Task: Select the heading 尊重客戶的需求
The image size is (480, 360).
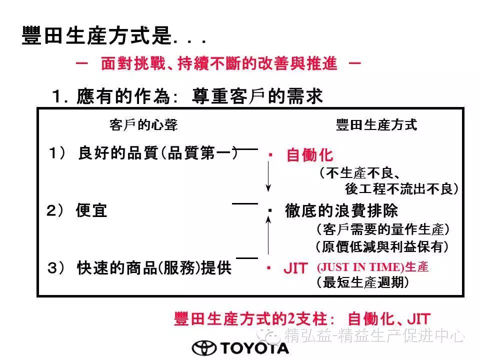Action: click(x=257, y=96)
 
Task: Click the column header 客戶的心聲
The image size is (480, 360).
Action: click(x=143, y=125)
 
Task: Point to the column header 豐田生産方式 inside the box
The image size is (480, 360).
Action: click(x=376, y=125)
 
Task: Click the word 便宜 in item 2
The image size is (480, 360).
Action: click(x=91, y=210)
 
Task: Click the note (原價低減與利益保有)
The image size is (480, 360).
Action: click(x=382, y=246)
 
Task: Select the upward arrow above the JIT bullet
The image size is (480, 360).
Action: click(x=268, y=235)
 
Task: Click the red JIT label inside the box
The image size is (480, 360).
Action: click(x=295, y=268)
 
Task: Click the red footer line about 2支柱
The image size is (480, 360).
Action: click(x=302, y=318)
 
